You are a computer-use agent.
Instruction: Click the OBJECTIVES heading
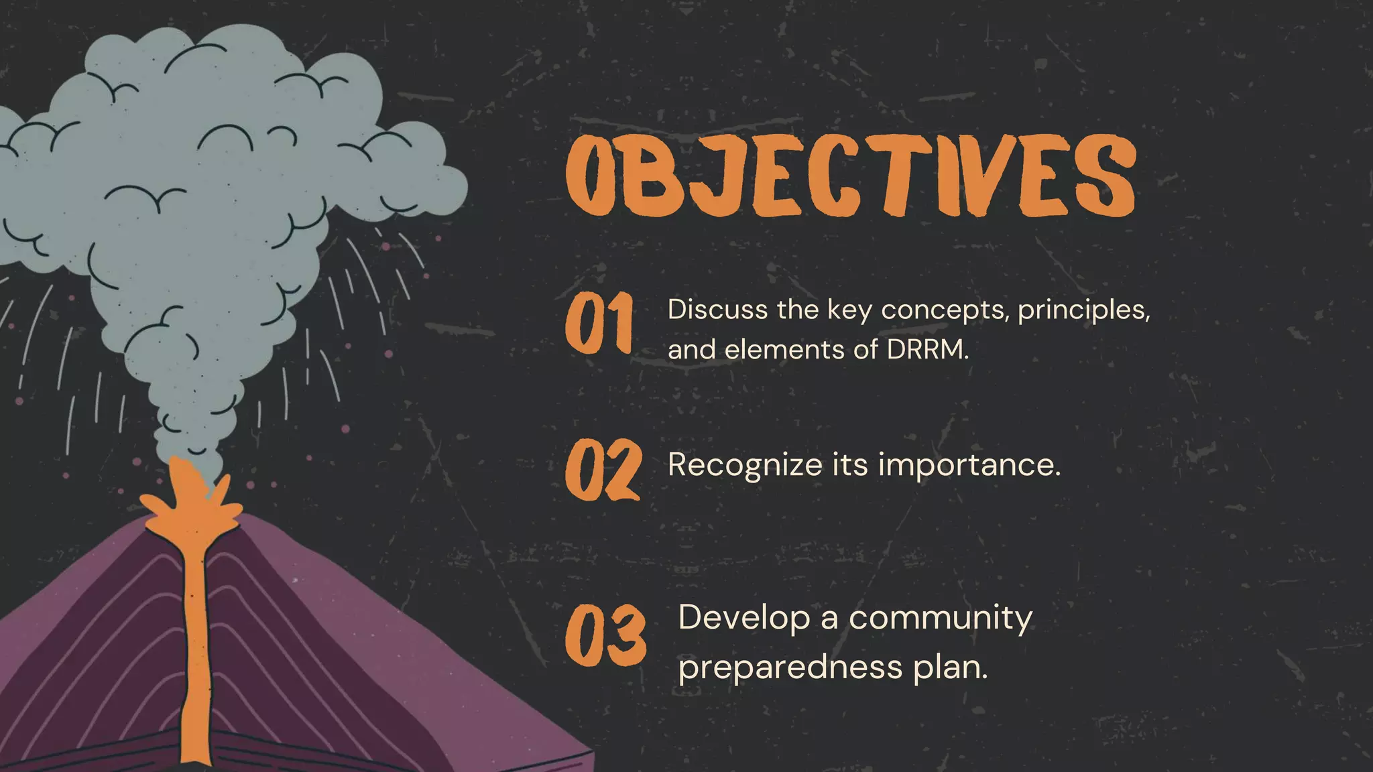850,176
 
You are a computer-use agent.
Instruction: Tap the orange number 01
599,323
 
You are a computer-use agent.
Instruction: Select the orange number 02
603,470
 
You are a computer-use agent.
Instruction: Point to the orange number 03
605,636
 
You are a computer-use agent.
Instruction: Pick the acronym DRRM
927,350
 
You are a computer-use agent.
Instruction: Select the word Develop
744,618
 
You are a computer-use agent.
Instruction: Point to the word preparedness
790,667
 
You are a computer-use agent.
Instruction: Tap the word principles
1083,310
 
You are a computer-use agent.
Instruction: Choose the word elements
784,350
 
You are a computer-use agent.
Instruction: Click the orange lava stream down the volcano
195,643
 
